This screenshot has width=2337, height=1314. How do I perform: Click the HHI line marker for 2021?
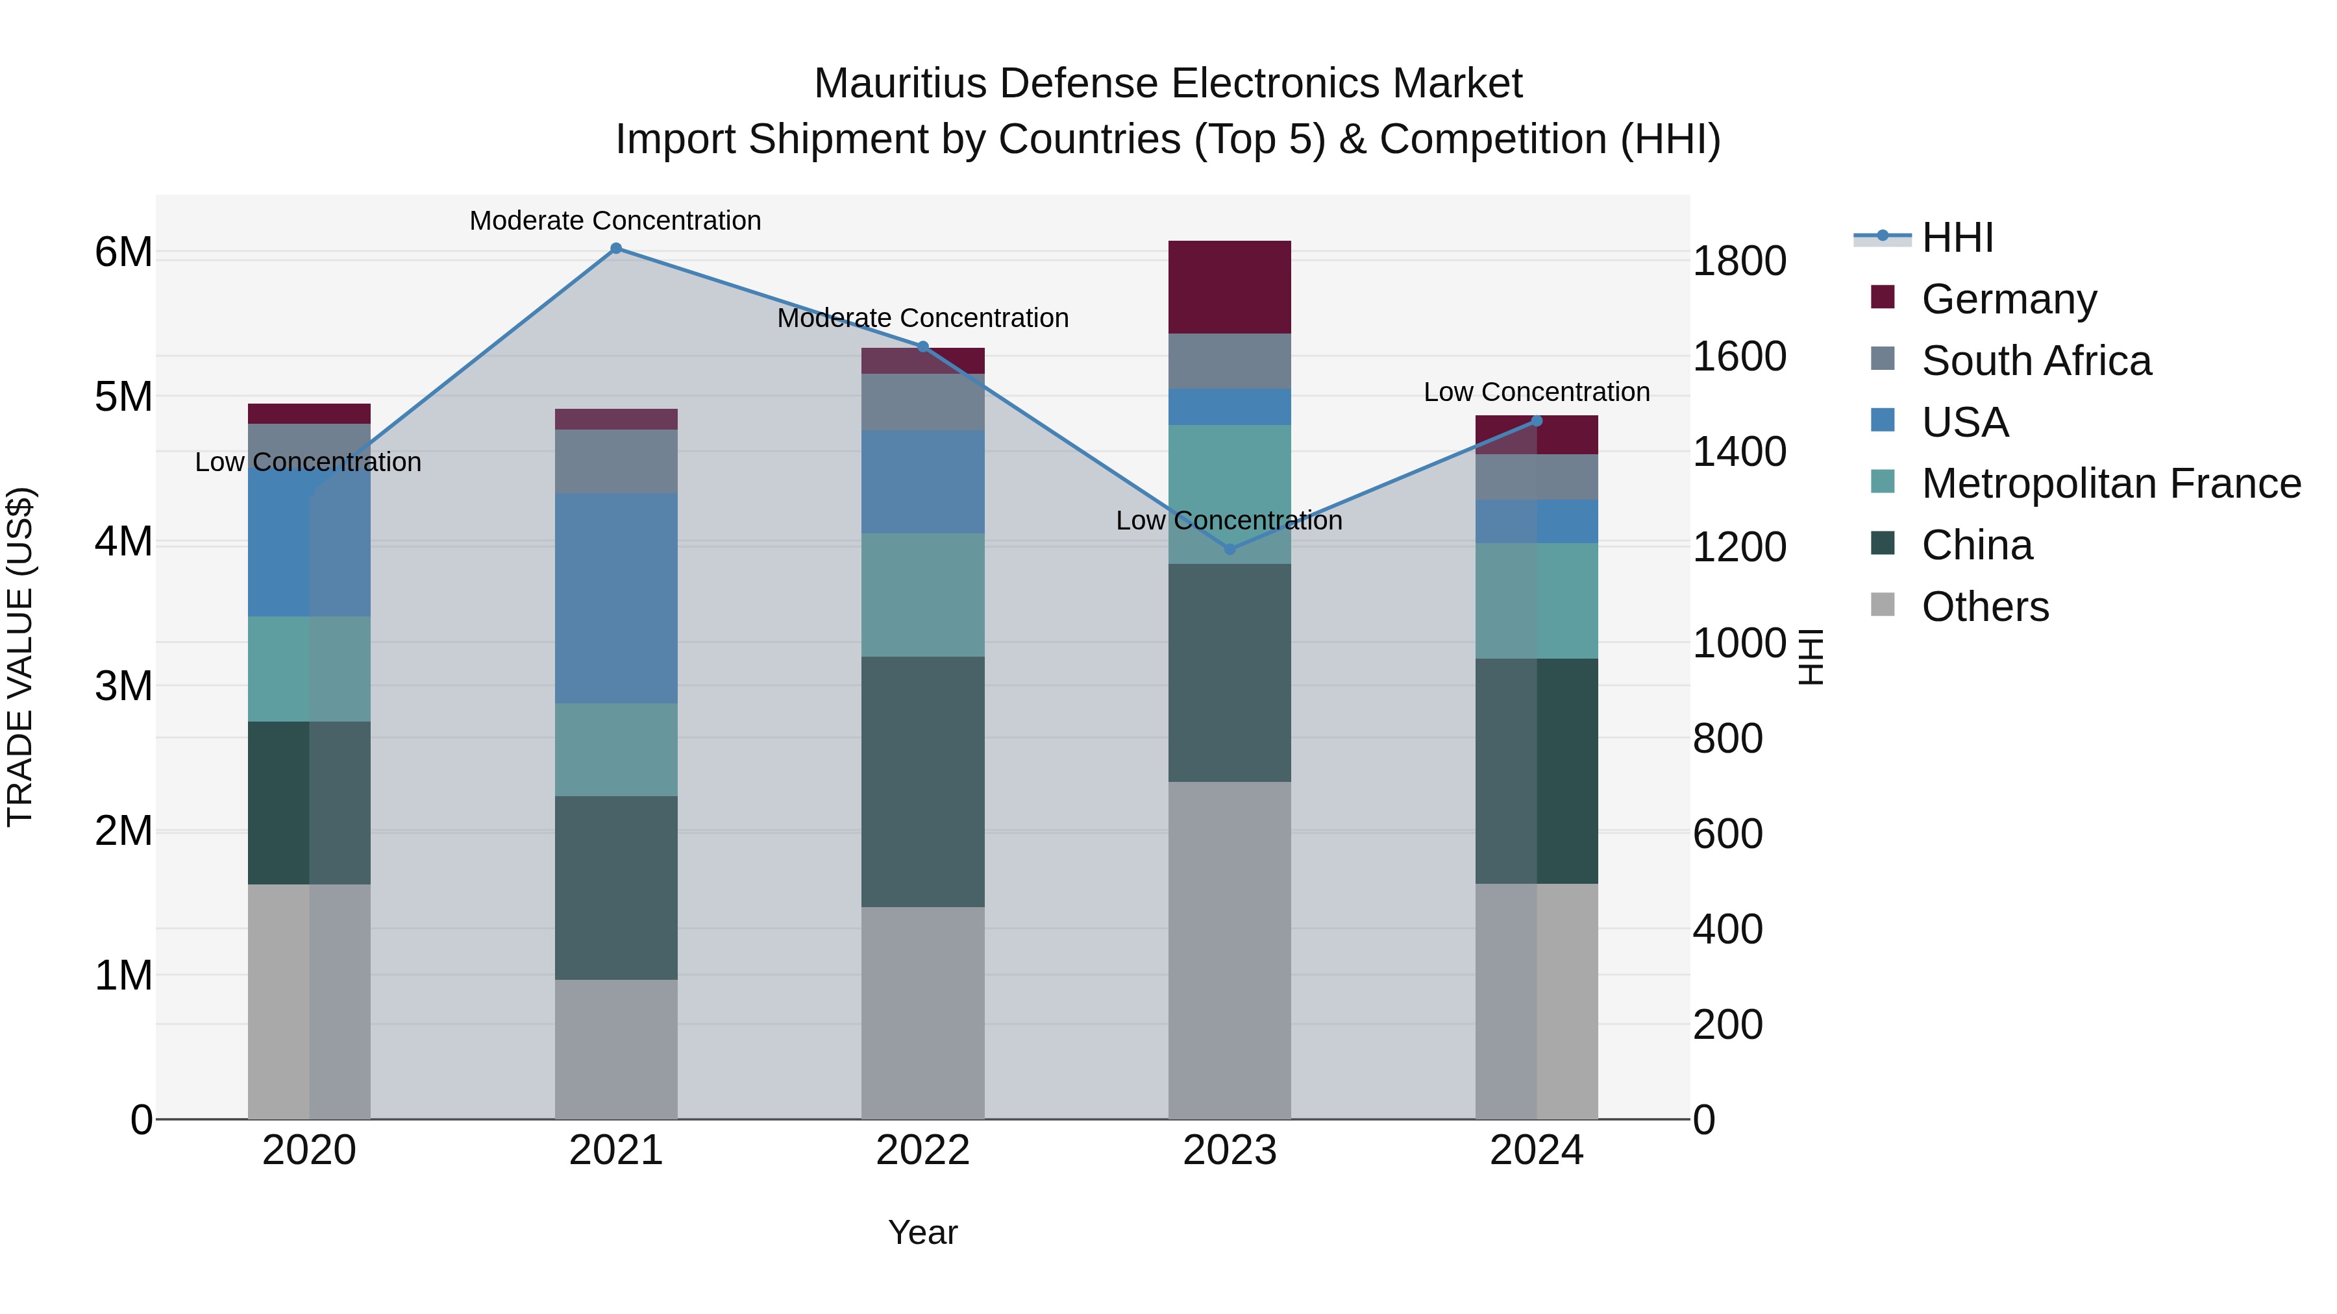pos(616,249)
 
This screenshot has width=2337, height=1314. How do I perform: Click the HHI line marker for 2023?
pos(1230,548)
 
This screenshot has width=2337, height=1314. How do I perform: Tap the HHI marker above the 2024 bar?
pos(1536,420)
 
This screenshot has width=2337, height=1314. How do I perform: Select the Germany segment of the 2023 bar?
pos(1230,287)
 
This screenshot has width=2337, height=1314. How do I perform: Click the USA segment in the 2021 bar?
pos(616,598)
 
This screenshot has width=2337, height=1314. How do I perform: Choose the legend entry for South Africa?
pos(2036,361)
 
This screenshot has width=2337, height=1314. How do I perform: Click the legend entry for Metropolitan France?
pos(2110,484)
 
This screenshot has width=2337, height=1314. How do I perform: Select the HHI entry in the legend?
pos(1957,237)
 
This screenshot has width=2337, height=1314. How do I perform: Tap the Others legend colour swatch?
pos(1883,605)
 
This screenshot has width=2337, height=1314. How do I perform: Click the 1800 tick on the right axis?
pos(1739,261)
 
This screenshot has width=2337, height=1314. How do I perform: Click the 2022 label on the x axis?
pos(922,1150)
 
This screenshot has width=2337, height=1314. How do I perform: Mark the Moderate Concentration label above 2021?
pos(615,221)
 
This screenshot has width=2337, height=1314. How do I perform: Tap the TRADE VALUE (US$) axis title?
pos(20,657)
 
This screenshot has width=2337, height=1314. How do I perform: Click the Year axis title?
pos(922,1232)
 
